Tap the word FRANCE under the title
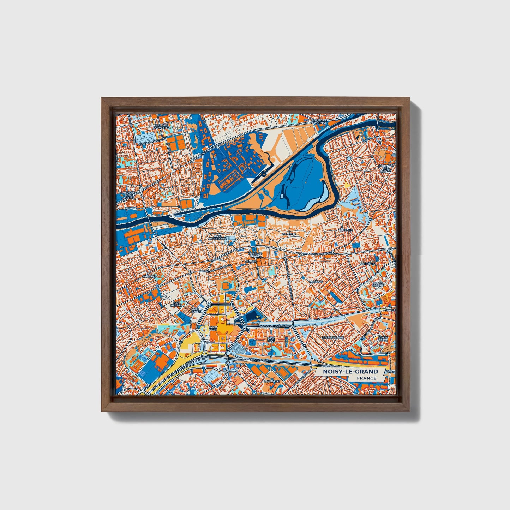(x=366, y=378)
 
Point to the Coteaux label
(x=346, y=230)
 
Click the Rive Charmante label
(x=217, y=237)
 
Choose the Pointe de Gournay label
(x=319, y=121)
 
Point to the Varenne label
(x=148, y=276)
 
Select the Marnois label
(x=316, y=282)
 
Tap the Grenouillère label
(x=332, y=337)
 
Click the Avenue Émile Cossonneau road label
(x=321, y=254)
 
